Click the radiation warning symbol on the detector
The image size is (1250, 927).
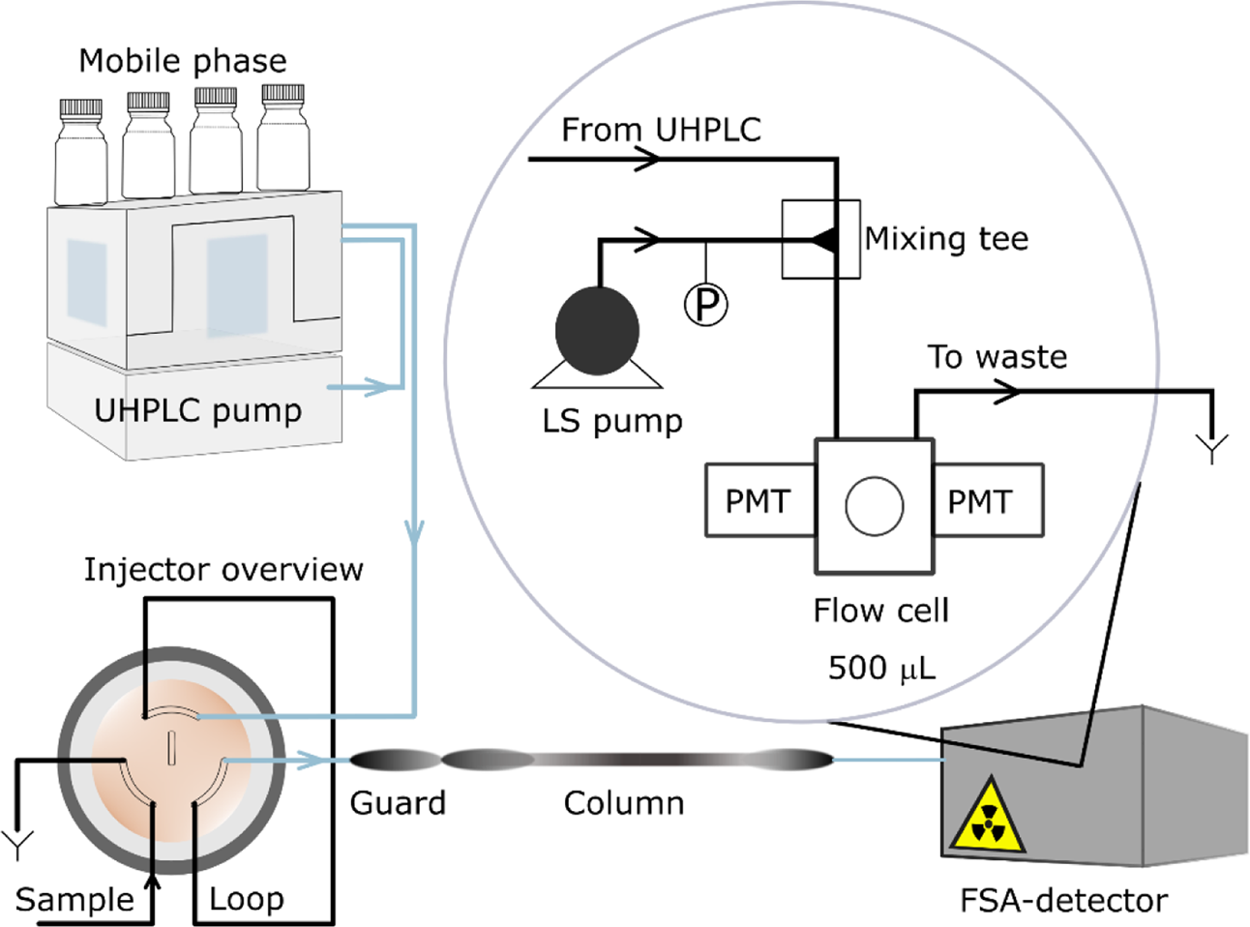coord(986,816)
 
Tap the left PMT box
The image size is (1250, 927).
coord(759,500)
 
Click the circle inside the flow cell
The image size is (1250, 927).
coord(875,506)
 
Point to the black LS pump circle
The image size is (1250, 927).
coord(597,329)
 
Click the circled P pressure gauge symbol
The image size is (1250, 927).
coord(706,305)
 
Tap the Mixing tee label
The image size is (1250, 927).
coord(946,239)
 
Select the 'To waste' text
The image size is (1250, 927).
coord(997,357)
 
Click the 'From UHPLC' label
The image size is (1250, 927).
coord(661,130)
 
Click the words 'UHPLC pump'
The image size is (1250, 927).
coord(197,410)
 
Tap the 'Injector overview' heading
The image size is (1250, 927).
coord(223,569)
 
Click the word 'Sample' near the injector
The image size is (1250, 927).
coord(74,900)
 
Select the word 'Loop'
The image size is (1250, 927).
coord(247,899)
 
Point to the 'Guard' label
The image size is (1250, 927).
coord(398,803)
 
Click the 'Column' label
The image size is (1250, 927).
coord(624,803)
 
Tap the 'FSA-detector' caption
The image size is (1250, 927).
coord(1063,901)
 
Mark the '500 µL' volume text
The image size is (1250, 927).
coord(881,668)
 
